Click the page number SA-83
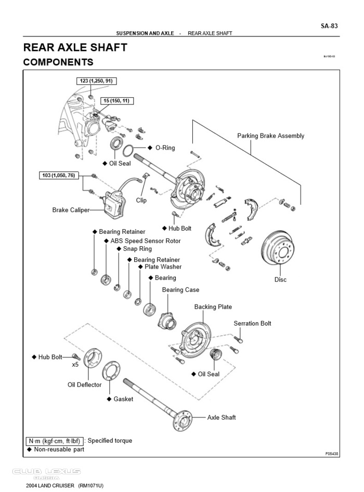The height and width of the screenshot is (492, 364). [330, 25]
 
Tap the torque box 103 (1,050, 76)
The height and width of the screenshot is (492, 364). [59, 176]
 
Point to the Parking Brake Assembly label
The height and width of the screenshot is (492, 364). [270, 136]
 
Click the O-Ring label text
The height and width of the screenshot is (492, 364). [165, 148]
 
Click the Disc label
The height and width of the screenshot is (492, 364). [280, 280]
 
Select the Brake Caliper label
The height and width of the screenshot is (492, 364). [71, 210]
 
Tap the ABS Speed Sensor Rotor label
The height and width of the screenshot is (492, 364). [145, 241]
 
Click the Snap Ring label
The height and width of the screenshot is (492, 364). [137, 249]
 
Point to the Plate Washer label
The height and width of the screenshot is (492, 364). [163, 267]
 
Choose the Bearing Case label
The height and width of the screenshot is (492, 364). [180, 290]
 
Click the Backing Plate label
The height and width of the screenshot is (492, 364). [213, 307]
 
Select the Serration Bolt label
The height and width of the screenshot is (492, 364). [252, 324]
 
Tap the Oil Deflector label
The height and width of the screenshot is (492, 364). [85, 385]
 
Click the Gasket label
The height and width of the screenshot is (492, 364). [123, 399]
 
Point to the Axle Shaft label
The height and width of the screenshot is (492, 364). [222, 417]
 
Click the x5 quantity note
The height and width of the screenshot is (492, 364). [75, 365]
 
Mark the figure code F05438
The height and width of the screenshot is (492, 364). [332, 454]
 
